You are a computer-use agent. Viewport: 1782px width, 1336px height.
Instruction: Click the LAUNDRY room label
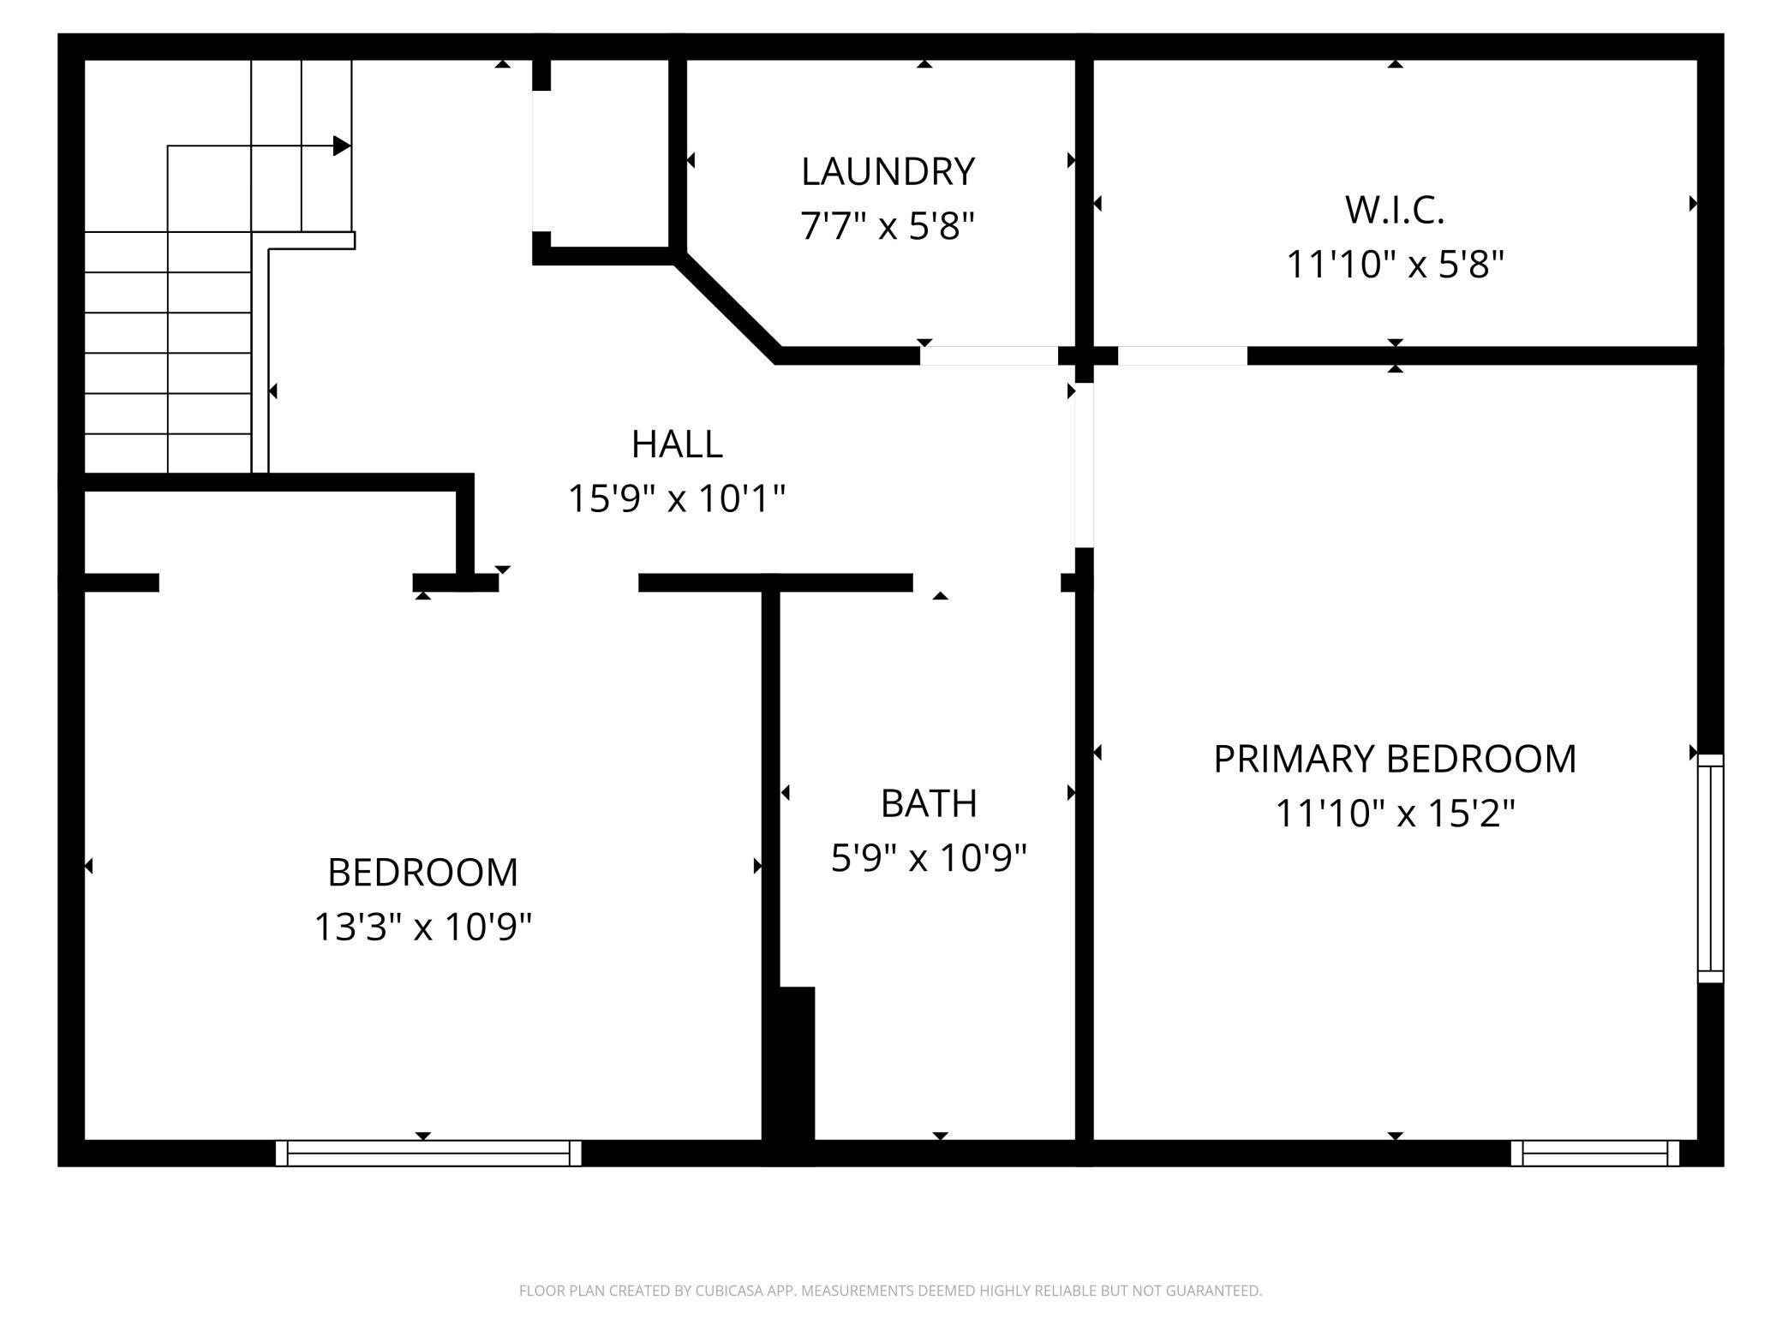(x=888, y=171)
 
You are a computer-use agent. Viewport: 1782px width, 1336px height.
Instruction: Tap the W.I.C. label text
(x=1395, y=210)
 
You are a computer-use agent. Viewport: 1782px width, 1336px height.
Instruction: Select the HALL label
(x=677, y=444)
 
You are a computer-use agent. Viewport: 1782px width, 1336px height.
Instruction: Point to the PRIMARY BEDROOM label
(x=1395, y=759)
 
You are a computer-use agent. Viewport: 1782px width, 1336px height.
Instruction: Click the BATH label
(x=929, y=803)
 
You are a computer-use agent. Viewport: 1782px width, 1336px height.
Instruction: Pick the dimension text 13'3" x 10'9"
(x=423, y=927)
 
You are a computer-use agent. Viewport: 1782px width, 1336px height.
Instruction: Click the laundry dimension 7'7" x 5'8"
(x=888, y=227)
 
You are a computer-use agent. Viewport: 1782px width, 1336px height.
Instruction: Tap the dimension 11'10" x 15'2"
(x=1395, y=814)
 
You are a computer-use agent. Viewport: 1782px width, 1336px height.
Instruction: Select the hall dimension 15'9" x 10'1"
(x=677, y=498)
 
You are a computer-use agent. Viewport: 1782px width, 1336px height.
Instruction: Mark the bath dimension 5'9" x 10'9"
(x=929, y=858)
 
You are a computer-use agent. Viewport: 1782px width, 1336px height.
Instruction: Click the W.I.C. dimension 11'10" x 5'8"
(x=1395, y=265)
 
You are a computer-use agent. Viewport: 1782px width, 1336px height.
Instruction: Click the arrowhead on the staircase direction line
(x=342, y=146)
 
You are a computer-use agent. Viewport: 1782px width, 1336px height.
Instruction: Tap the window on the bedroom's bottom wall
(x=428, y=1153)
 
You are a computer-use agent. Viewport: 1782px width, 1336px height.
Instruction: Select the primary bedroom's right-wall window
(x=1711, y=868)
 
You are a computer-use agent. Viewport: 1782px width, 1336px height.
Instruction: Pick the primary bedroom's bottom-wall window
(x=1595, y=1153)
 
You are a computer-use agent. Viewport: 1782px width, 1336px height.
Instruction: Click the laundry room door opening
(x=990, y=356)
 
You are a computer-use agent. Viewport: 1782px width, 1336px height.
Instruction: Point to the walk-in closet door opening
(x=1182, y=356)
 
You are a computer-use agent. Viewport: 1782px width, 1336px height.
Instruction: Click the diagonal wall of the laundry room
(x=727, y=307)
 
